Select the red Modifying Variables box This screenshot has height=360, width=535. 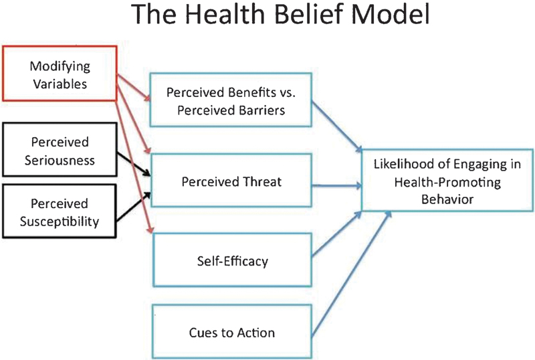pyautogui.click(x=60, y=74)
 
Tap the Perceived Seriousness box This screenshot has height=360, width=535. pyautogui.click(x=60, y=150)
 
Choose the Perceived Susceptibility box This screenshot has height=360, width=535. pyautogui.click(x=60, y=211)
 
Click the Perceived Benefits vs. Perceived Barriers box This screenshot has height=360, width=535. pyautogui.click(x=231, y=100)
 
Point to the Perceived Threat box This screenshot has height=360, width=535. pyautogui.click(x=231, y=181)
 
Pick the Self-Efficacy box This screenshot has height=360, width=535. pyautogui.click(x=232, y=260)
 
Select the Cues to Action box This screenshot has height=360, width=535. pyautogui.click(x=231, y=331)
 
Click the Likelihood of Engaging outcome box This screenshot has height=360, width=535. pyautogui.click(x=447, y=181)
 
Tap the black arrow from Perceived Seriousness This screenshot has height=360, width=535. pyautogui.click(x=134, y=165)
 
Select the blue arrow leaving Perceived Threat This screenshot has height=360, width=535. pyautogui.click(x=337, y=186)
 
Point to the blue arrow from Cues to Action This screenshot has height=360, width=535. pyautogui.click(x=352, y=273)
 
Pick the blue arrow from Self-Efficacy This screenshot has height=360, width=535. pyautogui.click(x=337, y=234)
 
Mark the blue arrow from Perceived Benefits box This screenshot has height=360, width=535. pyautogui.click(x=337, y=126)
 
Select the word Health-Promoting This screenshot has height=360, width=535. pyautogui.click(x=447, y=182)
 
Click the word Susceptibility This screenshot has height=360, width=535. pyautogui.click(x=60, y=221)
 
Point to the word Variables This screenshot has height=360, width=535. pyautogui.click(x=60, y=84)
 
